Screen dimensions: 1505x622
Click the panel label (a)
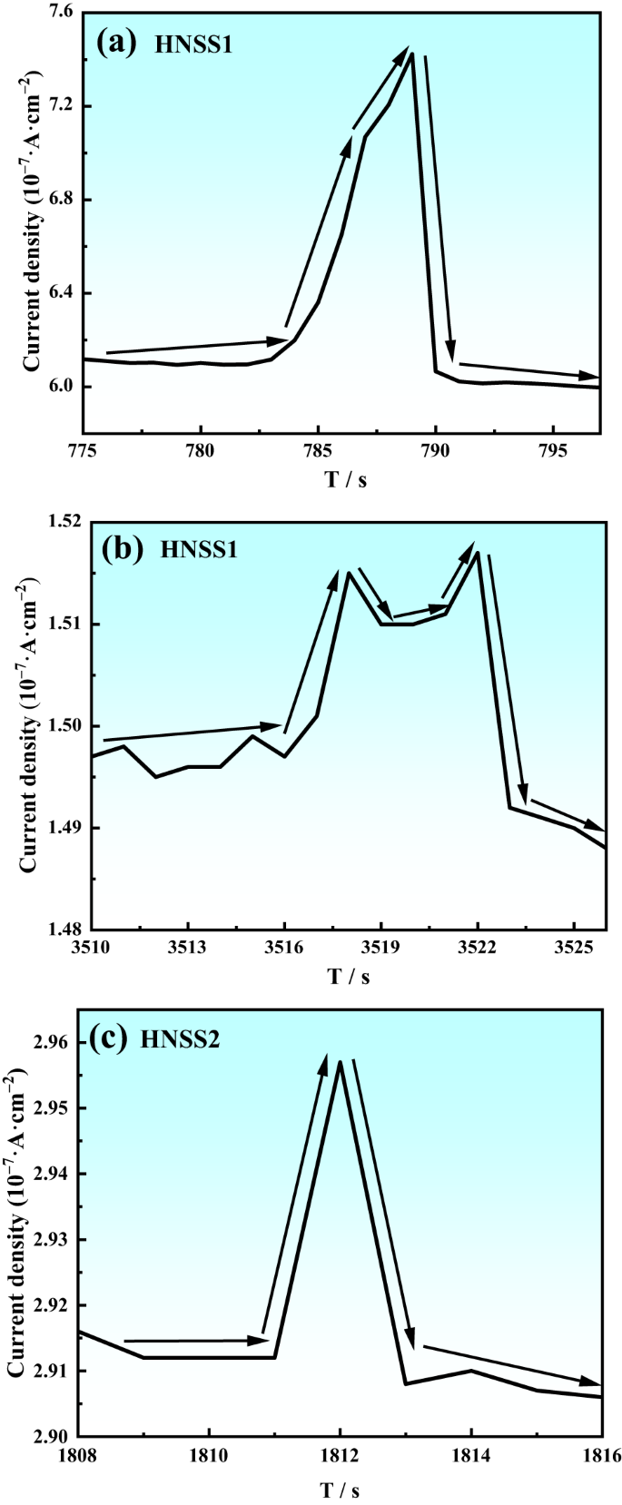coord(118,42)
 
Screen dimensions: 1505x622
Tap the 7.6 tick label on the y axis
coord(60,14)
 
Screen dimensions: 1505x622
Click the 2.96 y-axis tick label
coord(52,1043)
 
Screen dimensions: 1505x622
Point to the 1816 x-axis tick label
coord(601,1455)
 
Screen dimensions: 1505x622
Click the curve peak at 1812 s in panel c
coord(340,1061)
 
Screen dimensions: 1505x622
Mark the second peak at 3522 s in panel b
coord(478,553)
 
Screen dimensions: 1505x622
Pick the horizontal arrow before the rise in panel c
coord(196,1340)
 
